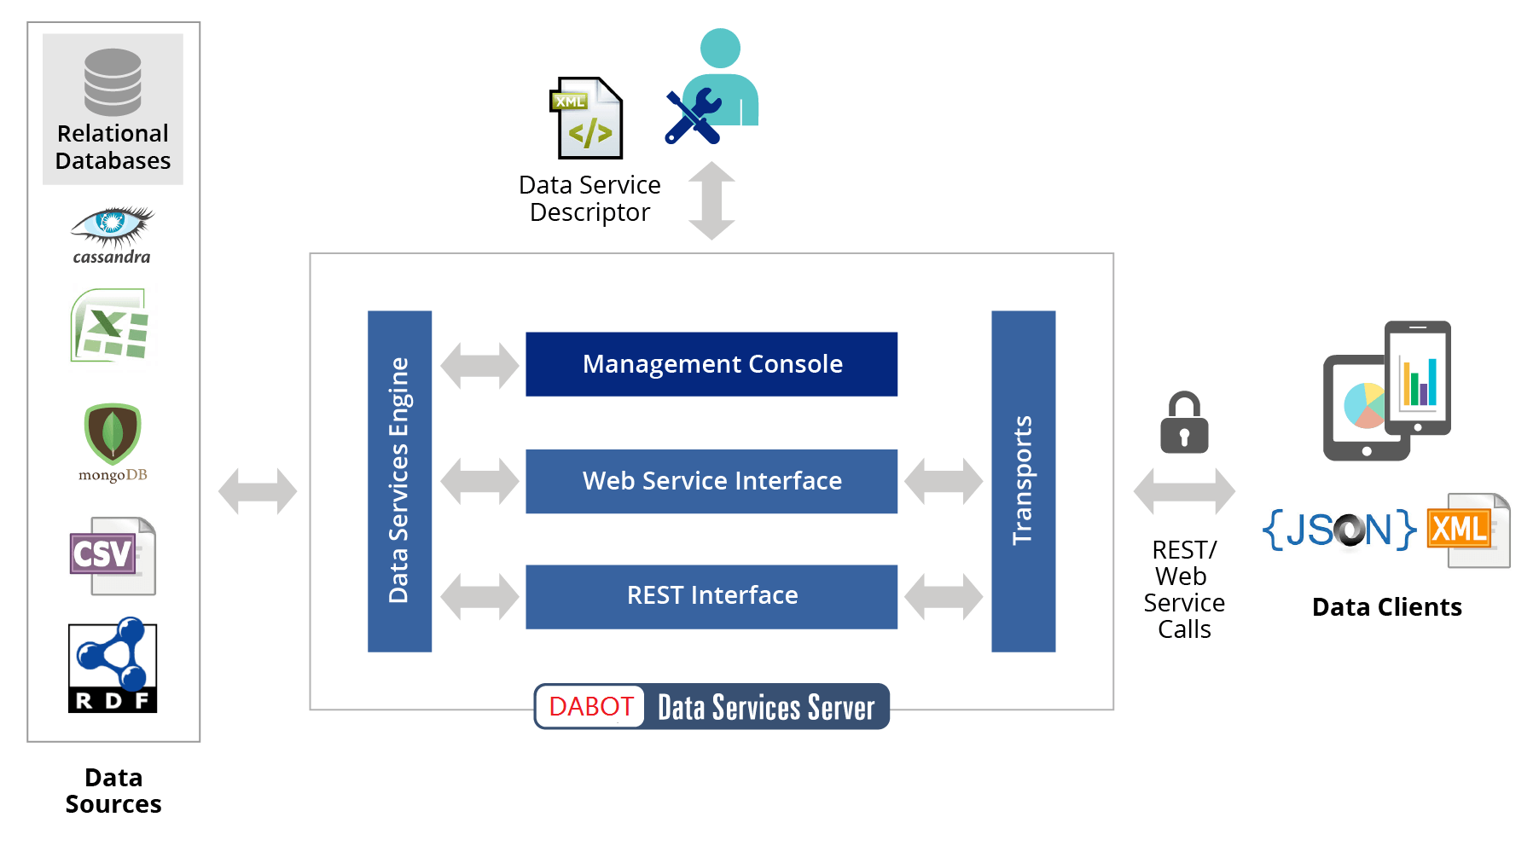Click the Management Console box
[711, 364]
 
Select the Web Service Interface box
[711, 481]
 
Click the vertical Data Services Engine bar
[399, 481]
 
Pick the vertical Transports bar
[1024, 481]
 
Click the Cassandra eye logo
[112, 225]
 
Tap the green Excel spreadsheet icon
[110, 326]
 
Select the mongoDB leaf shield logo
[113, 433]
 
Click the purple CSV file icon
[113, 556]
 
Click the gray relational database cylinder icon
[113, 82]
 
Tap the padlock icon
[1184, 422]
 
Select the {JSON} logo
[1339, 530]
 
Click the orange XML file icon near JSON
[1467, 530]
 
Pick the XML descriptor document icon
[586, 118]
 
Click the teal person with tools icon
[712, 85]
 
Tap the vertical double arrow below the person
[711, 201]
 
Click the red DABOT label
[590, 707]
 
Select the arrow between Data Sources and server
[258, 491]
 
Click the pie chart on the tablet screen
[1364, 405]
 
